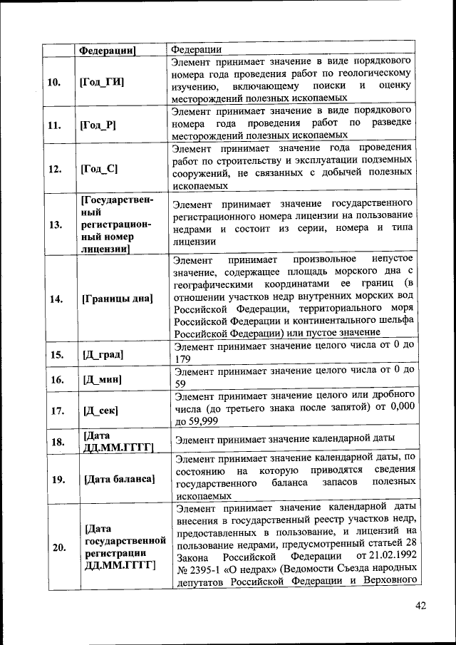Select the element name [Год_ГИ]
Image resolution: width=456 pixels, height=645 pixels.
(x=103, y=82)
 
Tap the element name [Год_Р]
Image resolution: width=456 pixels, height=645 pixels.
(x=100, y=125)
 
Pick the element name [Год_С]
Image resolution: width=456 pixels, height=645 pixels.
(x=100, y=169)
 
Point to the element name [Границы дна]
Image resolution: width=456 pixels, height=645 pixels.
(x=118, y=299)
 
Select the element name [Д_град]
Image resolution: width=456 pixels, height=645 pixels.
(x=103, y=354)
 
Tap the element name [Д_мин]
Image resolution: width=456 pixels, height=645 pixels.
(x=102, y=380)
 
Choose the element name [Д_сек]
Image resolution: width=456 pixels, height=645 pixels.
(x=100, y=411)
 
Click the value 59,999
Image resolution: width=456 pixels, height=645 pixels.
(x=207, y=421)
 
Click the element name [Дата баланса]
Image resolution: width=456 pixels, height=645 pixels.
(x=119, y=478)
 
